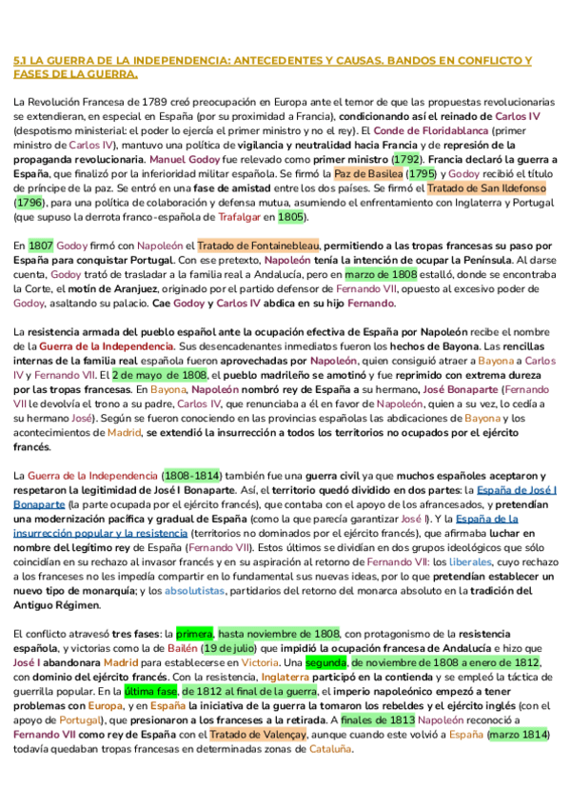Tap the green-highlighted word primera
194,633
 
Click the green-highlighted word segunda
325,662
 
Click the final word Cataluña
330,749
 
